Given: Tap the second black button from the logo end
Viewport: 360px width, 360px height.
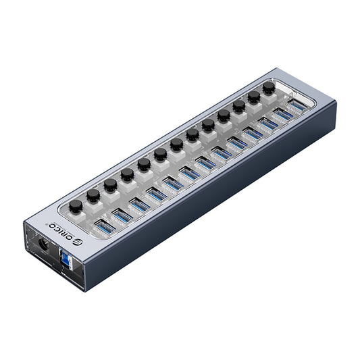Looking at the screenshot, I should [x=93, y=195].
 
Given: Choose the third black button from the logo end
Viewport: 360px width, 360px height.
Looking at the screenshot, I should [x=110, y=184].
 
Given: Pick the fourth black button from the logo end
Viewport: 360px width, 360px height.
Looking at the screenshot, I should [x=127, y=174].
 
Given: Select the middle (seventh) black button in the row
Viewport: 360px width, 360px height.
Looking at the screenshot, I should [x=176, y=144].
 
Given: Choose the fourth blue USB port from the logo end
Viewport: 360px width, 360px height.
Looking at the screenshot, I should [x=157, y=195].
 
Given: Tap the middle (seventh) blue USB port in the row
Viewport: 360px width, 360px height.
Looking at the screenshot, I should [x=206, y=163].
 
